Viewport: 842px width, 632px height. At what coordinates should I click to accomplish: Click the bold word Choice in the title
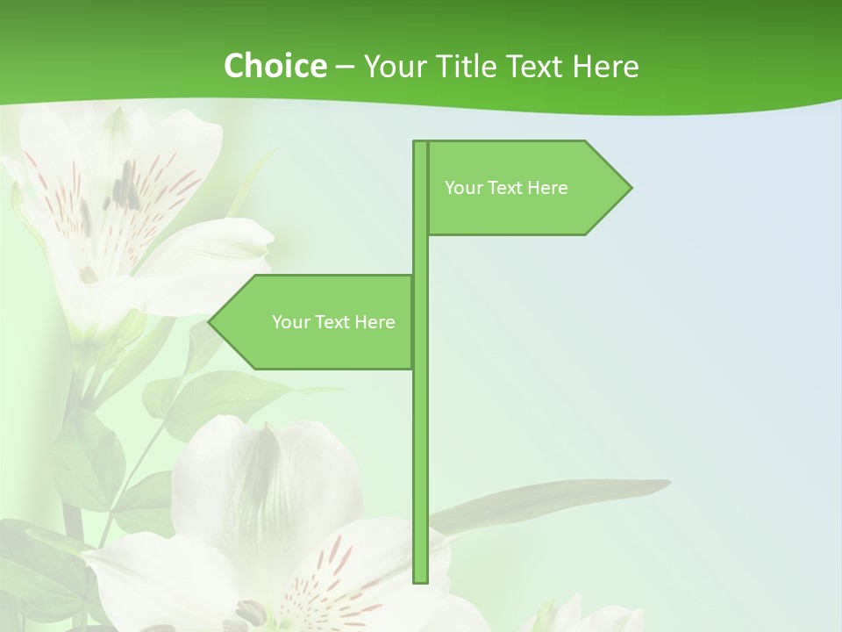275,66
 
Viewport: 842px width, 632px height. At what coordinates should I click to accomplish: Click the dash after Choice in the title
345,67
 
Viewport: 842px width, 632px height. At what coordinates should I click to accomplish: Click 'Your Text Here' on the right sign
506,188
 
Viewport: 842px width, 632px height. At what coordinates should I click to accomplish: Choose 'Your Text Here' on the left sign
333,322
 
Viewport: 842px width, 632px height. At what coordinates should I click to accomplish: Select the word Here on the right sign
549,188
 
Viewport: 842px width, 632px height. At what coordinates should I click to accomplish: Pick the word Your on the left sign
290,322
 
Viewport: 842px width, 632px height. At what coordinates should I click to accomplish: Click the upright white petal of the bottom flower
263,474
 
